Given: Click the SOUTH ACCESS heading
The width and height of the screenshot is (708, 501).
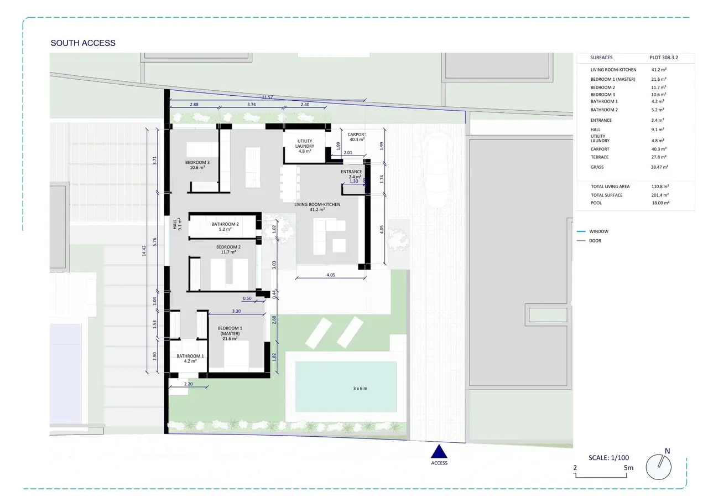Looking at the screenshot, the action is (83, 43).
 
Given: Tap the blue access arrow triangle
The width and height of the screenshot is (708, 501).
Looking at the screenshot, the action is (439, 452).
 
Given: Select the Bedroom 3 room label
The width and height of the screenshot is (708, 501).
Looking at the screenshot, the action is (197, 165).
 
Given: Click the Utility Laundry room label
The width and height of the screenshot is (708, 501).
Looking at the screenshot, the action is (305, 146).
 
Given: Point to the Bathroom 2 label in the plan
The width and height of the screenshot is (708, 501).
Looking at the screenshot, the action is (225, 226).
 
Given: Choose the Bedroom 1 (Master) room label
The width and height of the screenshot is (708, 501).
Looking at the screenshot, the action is (230, 333).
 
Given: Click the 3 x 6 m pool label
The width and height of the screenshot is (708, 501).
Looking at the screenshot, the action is (360, 389).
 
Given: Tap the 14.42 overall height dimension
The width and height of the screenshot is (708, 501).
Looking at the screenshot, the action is (144, 251).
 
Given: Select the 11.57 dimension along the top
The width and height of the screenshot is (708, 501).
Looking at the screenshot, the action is (267, 97).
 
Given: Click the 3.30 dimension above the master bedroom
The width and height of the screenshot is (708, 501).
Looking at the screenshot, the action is (236, 311).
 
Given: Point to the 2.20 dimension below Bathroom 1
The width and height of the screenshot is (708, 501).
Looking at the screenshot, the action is (189, 384).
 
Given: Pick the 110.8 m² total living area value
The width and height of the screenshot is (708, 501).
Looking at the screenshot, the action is (660, 187).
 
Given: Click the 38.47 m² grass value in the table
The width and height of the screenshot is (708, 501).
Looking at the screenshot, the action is (659, 167).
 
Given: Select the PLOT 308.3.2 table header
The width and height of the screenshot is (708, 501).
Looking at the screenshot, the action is (664, 58).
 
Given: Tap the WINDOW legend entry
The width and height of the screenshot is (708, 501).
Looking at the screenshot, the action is (598, 231).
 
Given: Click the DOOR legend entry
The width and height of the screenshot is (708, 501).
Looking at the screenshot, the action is (595, 241).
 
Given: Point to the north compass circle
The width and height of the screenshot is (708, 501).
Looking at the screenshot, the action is (658, 467).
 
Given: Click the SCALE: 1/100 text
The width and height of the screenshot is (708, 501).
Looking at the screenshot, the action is (609, 458).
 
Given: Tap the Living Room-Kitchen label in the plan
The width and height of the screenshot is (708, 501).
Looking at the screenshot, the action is (317, 207).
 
